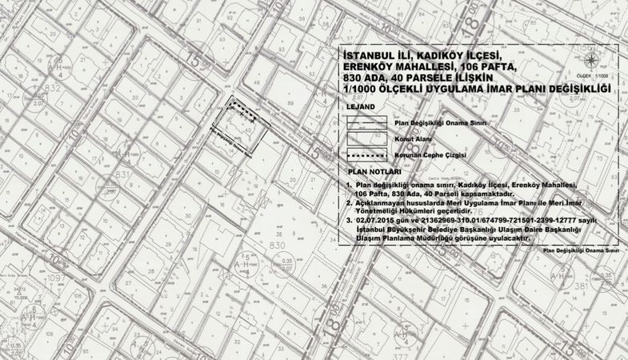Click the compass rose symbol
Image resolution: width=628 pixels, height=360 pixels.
[x=590, y=61]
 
